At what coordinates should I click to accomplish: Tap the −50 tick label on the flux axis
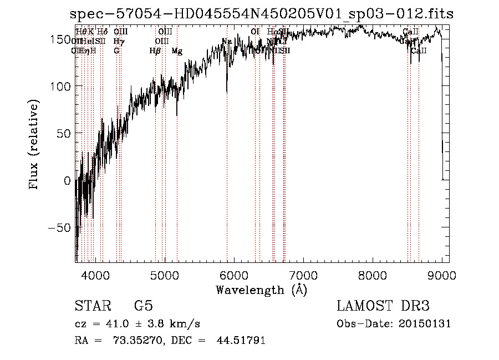[x=59, y=228]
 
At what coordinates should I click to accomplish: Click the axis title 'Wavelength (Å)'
[x=261, y=290]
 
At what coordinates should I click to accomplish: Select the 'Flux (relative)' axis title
[x=35, y=145]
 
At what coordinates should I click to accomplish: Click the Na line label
[x=226, y=42]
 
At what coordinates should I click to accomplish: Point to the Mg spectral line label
[x=177, y=51]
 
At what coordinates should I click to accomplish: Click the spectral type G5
[x=143, y=306]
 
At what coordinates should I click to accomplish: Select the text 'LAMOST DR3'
[x=383, y=306]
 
